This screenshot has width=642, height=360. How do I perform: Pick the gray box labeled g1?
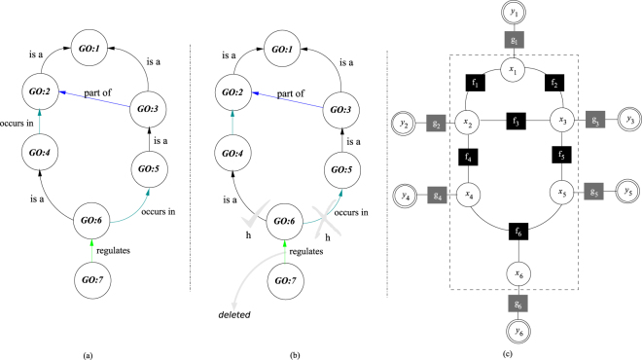(513, 41)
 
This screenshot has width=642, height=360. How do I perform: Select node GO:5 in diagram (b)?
(338, 153)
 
